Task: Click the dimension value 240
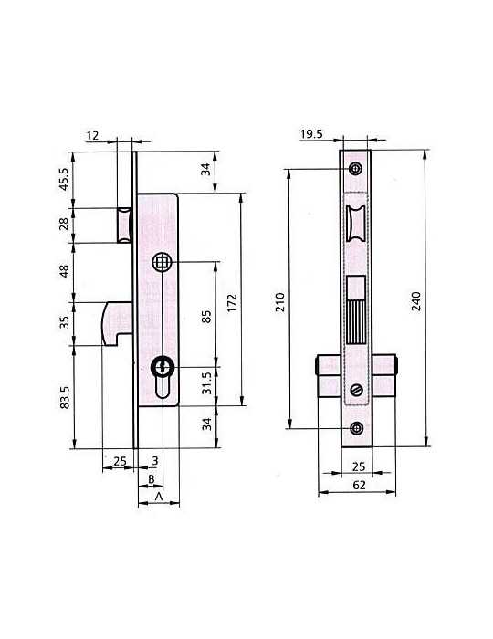[x=415, y=301]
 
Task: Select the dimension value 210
[x=280, y=302]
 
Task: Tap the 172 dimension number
[x=232, y=303]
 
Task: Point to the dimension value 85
[x=207, y=317]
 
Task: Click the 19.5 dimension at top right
[x=311, y=133]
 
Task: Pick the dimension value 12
[x=92, y=135]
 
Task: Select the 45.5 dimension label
[x=65, y=180]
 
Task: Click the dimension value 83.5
[x=65, y=397]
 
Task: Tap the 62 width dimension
[x=359, y=485]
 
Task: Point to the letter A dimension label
[x=159, y=496]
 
